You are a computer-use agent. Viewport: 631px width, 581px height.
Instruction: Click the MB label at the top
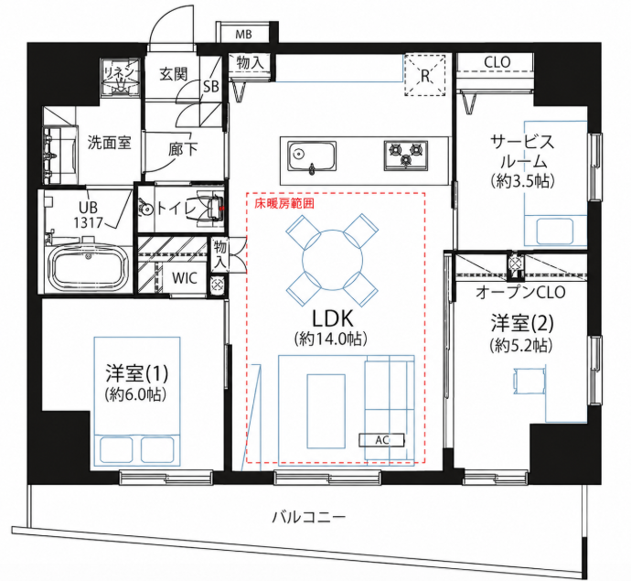[x=243, y=34]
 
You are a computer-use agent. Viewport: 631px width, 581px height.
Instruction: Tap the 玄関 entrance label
[x=174, y=74]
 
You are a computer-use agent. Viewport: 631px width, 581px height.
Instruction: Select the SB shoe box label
[x=210, y=87]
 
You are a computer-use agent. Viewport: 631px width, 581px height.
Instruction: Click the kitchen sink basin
[x=312, y=156]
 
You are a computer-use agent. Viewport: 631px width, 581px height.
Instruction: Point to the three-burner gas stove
[x=406, y=155]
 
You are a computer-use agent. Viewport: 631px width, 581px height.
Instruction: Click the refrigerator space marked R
[x=425, y=75]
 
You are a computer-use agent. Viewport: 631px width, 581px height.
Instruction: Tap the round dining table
[x=332, y=260]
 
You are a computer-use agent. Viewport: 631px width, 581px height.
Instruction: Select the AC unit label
[x=382, y=440]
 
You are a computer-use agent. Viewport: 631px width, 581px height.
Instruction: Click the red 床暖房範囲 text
[x=284, y=204]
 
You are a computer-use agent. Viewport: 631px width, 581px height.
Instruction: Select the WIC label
[x=185, y=278]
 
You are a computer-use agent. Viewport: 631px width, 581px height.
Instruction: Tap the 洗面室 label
[x=110, y=143]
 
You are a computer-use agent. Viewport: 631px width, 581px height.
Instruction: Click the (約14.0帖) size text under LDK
[x=331, y=339]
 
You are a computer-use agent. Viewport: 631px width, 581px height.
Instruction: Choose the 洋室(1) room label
[x=137, y=373]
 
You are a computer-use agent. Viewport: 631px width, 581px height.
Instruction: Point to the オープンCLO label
[x=520, y=293]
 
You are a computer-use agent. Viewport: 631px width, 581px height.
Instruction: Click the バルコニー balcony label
[x=309, y=517]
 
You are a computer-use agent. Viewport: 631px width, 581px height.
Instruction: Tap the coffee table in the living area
[x=326, y=411]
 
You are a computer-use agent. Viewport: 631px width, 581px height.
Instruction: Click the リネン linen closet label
[x=119, y=72]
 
